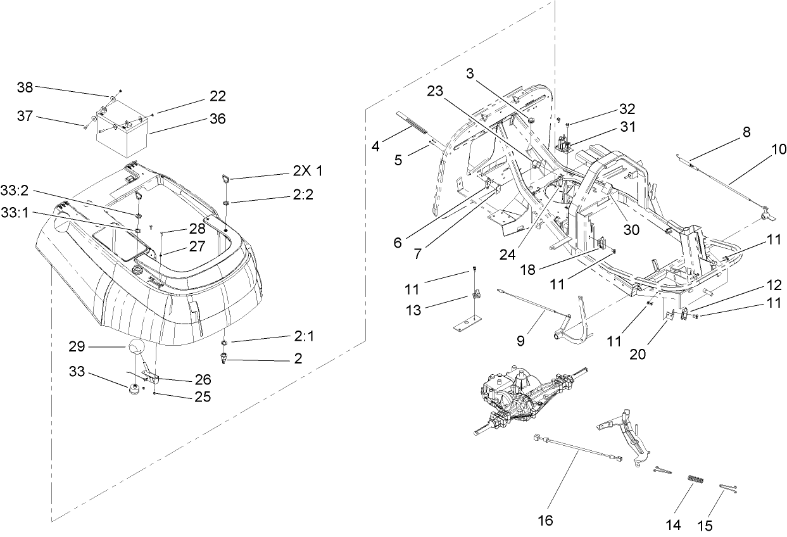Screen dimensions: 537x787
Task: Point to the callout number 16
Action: (545, 520)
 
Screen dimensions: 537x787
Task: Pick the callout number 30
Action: (631, 231)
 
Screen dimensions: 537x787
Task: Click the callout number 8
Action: (747, 132)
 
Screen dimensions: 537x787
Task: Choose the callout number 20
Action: (638, 355)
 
